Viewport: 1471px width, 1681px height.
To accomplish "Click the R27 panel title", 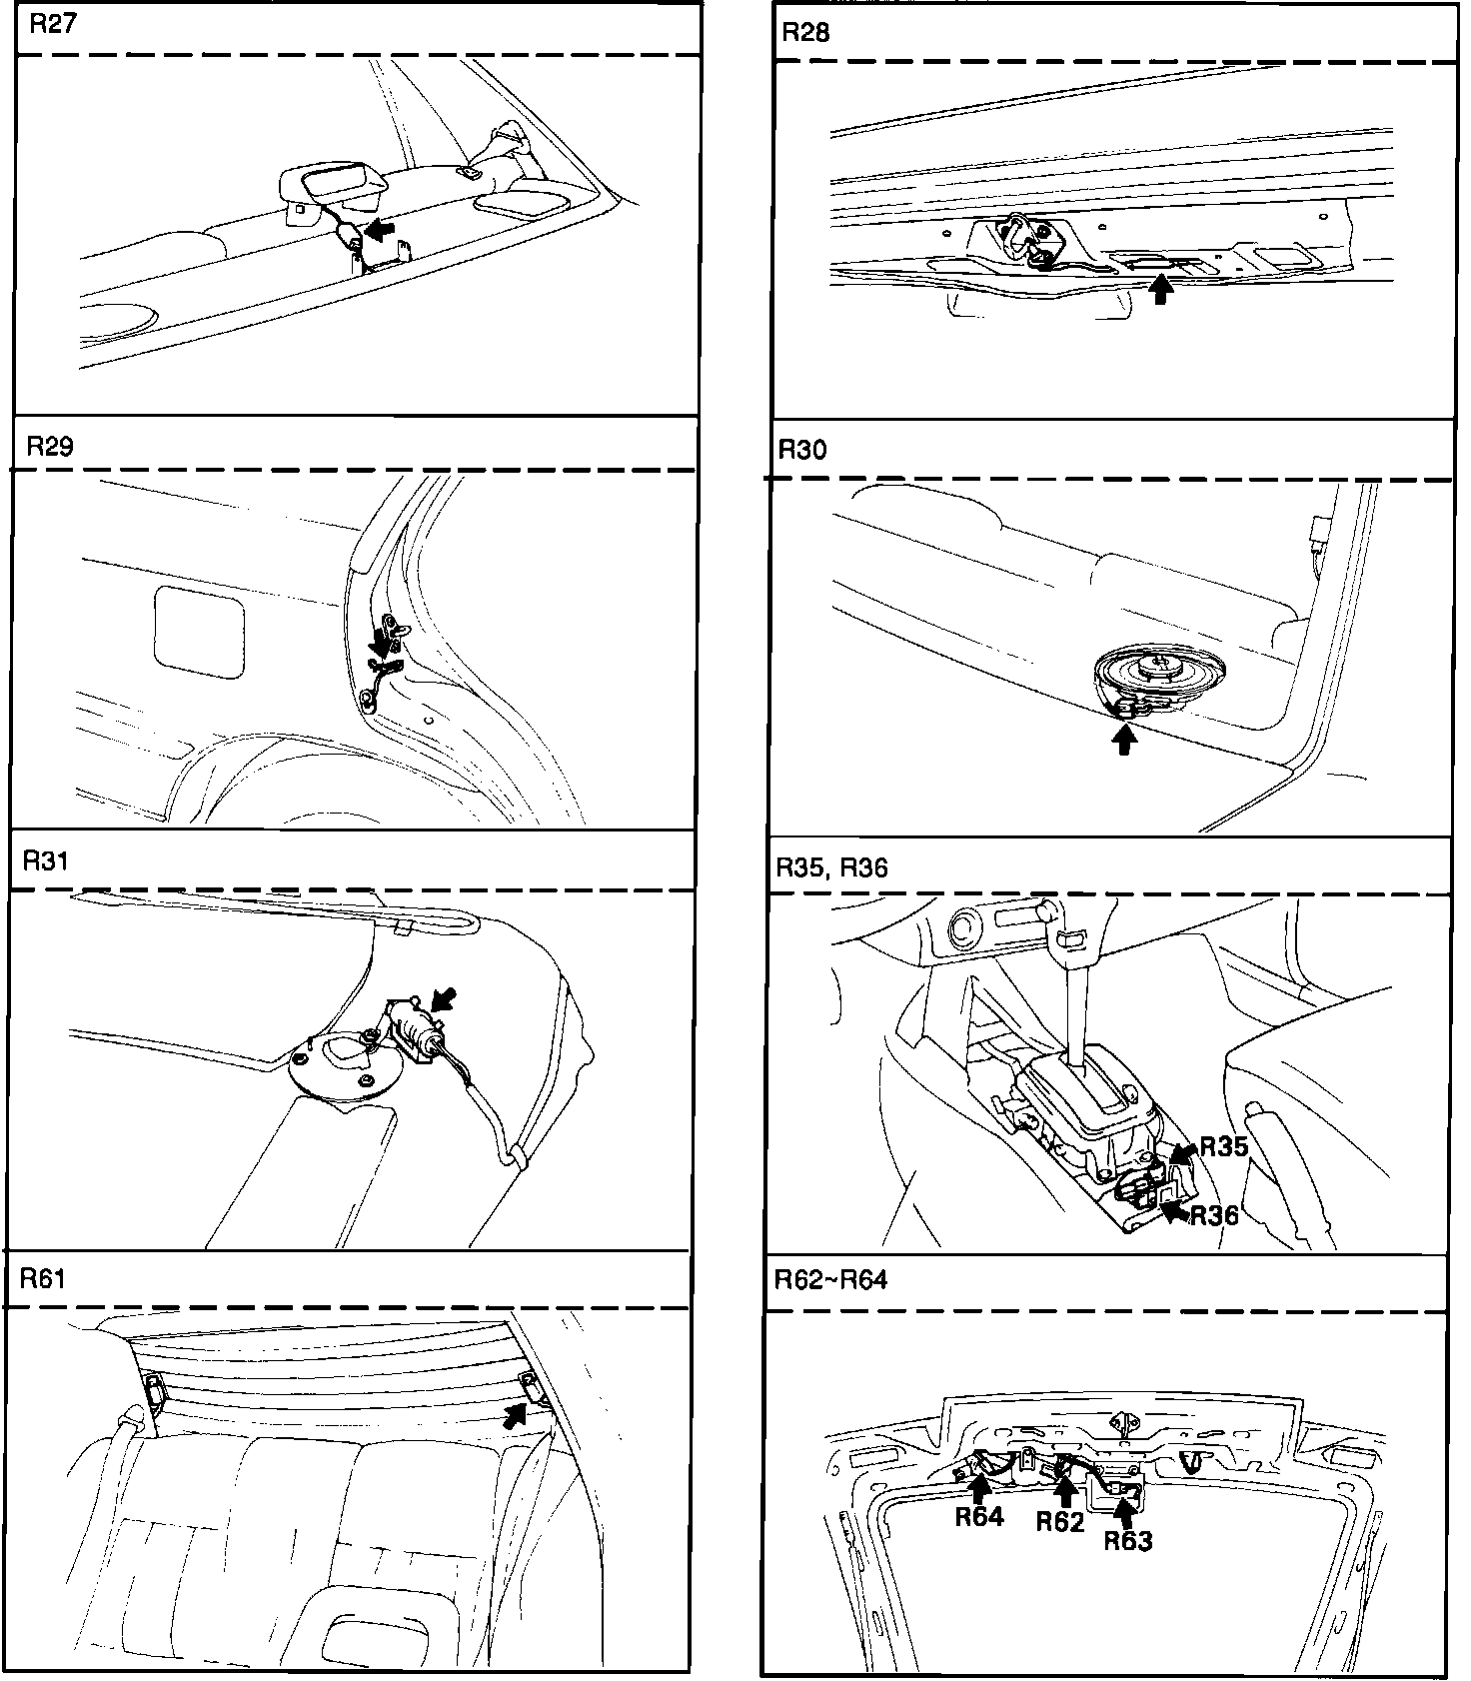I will pyautogui.click(x=52, y=24).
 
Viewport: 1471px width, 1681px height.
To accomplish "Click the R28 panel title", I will pyautogui.click(x=804, y=32).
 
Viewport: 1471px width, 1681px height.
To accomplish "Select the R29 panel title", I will pyautogui.click(x=50, y=446).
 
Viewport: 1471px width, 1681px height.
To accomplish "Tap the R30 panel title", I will pyautogui.click(x=801, y=450).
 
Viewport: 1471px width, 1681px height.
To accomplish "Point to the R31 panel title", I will pyautogui.click(x=47, y=860).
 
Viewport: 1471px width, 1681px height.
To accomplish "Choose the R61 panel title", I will pyautogui.click(x=43, y=1278).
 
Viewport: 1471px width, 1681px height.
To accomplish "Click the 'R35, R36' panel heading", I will pyautogui.click(x=830, y=867).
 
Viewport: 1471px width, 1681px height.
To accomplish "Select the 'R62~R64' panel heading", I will pyautogui.click(x=830, y=1279).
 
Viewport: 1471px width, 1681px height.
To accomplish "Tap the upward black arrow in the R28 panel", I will pyautogui.click(x=1159, y=289).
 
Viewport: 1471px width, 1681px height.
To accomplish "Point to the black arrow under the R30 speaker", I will pyautogui.click(x=1125, y=740).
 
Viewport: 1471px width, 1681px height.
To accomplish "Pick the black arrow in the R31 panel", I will pyautogui.click(x=443, y=999).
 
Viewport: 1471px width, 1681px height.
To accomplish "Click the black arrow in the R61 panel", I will pyautogui.click(x=515, y=1414).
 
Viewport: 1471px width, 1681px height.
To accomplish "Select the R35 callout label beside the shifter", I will pyautogui.click(x=1223, y=1146).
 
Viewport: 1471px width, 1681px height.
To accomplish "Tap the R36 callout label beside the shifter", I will pyautogui.click(x=1214, y=1214).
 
